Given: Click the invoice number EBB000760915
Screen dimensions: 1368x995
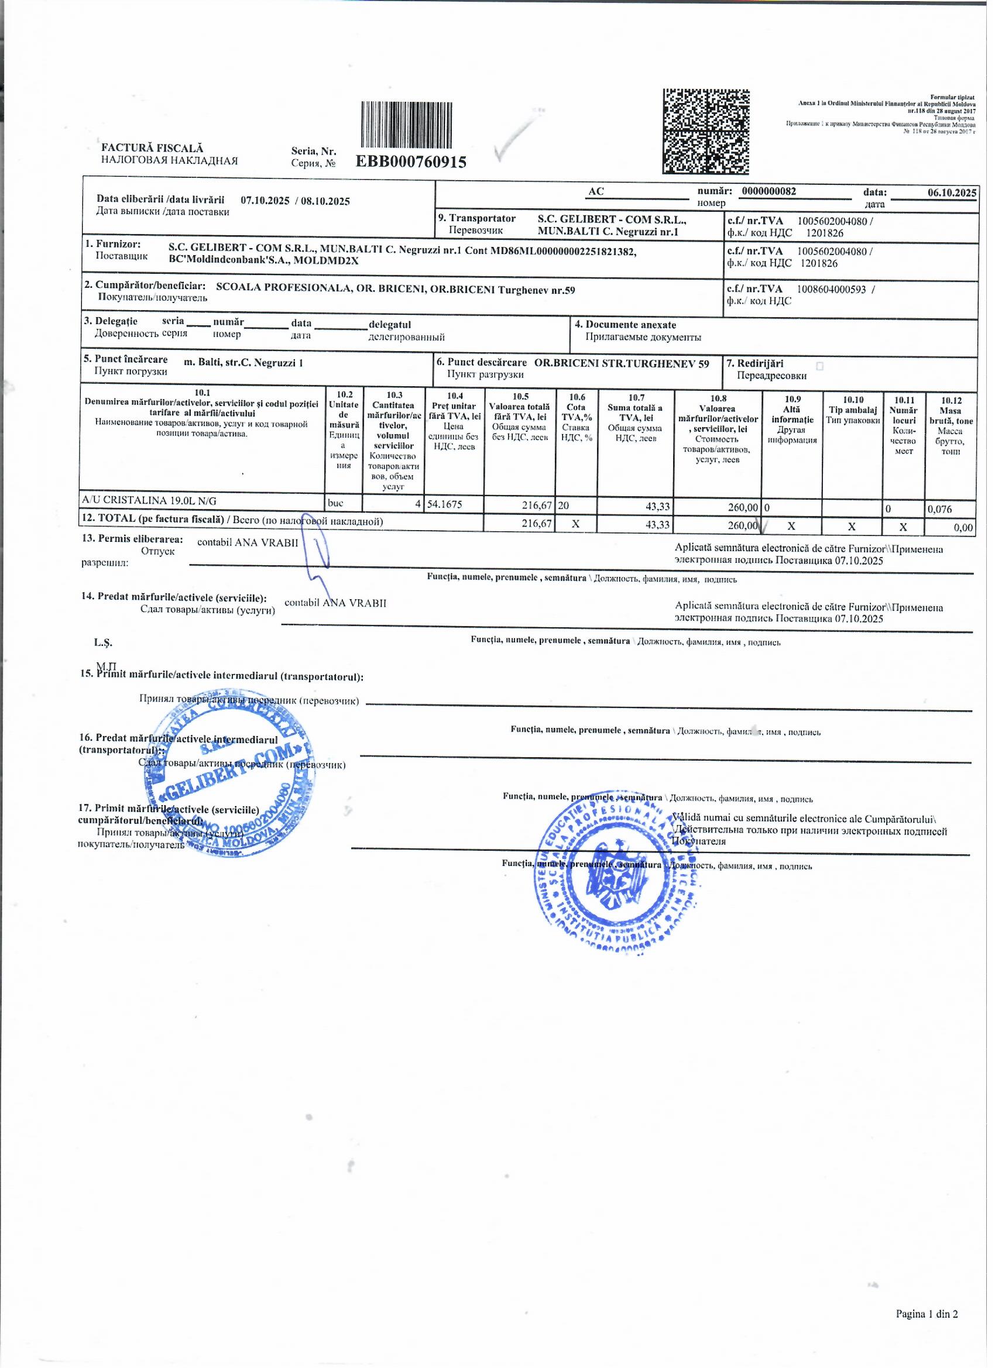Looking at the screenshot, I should pyautogui.click(x=411, y=161).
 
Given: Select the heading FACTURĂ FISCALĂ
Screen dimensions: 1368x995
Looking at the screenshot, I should pyautogui.click(x=152, y=148).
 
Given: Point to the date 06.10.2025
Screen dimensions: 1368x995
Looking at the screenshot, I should pyautogui.click(x=952, y=193).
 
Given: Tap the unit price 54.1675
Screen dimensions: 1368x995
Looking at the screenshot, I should pyautogui.click(x=445, y=504).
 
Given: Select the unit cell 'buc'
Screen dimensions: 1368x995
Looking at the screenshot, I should pyautogui.click(x=335, y=501).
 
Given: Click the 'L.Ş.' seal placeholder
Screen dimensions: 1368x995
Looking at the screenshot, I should pyautogui.click(x=103, y=642).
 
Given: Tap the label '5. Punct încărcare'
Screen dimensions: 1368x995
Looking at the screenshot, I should pyautogui.click(x=125, y=359).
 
